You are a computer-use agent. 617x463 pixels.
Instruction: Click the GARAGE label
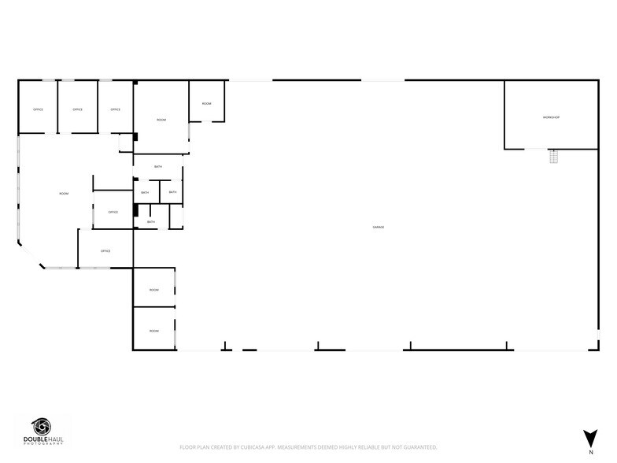click(x=378, y=228)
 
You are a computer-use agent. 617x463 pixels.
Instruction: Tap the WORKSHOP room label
click(x=551, y=117)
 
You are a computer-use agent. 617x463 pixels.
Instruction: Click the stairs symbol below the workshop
click(x=554, y=156)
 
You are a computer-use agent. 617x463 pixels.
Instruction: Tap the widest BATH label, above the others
click(x=158, y=167)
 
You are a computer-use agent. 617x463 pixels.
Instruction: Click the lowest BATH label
click(x=150, y=222)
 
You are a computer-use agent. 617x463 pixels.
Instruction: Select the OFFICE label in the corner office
click(x=38, y=109)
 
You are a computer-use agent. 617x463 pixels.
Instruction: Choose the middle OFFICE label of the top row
click(x=77, y=109)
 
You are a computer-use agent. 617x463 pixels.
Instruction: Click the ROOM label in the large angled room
click(x=64, y=194)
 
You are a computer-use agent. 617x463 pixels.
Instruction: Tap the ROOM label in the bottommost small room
click(x=154, y=331)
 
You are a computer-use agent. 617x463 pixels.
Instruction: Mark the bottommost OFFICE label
click(x=105, y=251)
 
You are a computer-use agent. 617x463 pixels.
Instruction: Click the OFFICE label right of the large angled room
click(x=113, y=213)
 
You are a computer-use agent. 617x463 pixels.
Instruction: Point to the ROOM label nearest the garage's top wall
click(x=206, y=104)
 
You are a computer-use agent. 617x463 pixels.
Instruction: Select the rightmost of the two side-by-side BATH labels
click(x=172, y=193)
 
